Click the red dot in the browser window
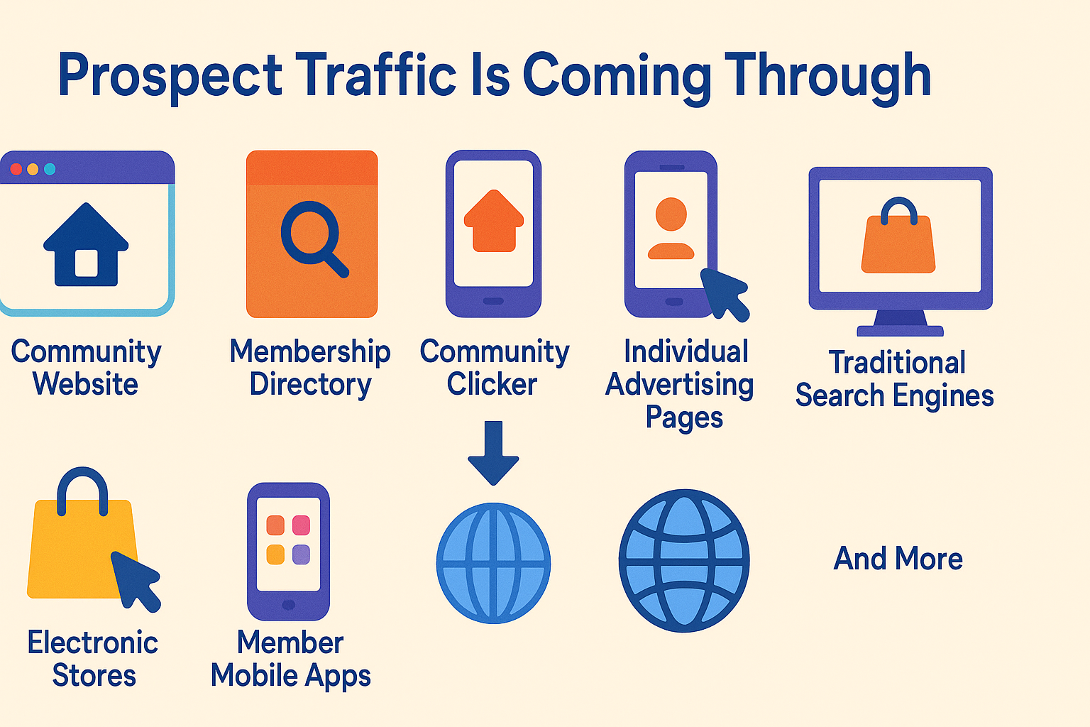(x=16, y=169)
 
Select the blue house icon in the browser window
(x=86, y=244)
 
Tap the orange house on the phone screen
(x=494, y=221)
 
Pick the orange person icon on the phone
(x=671, y=228)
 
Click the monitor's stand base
(x=901, y=331)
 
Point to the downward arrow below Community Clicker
(x=493, y=453)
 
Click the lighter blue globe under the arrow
(x=493, y=563)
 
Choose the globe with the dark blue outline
(x=684, y=561)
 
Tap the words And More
(x=898, y=559)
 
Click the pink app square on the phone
(x=301, y=525)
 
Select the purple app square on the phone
(x=301, y=554)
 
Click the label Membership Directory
(x=310, y=368)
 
